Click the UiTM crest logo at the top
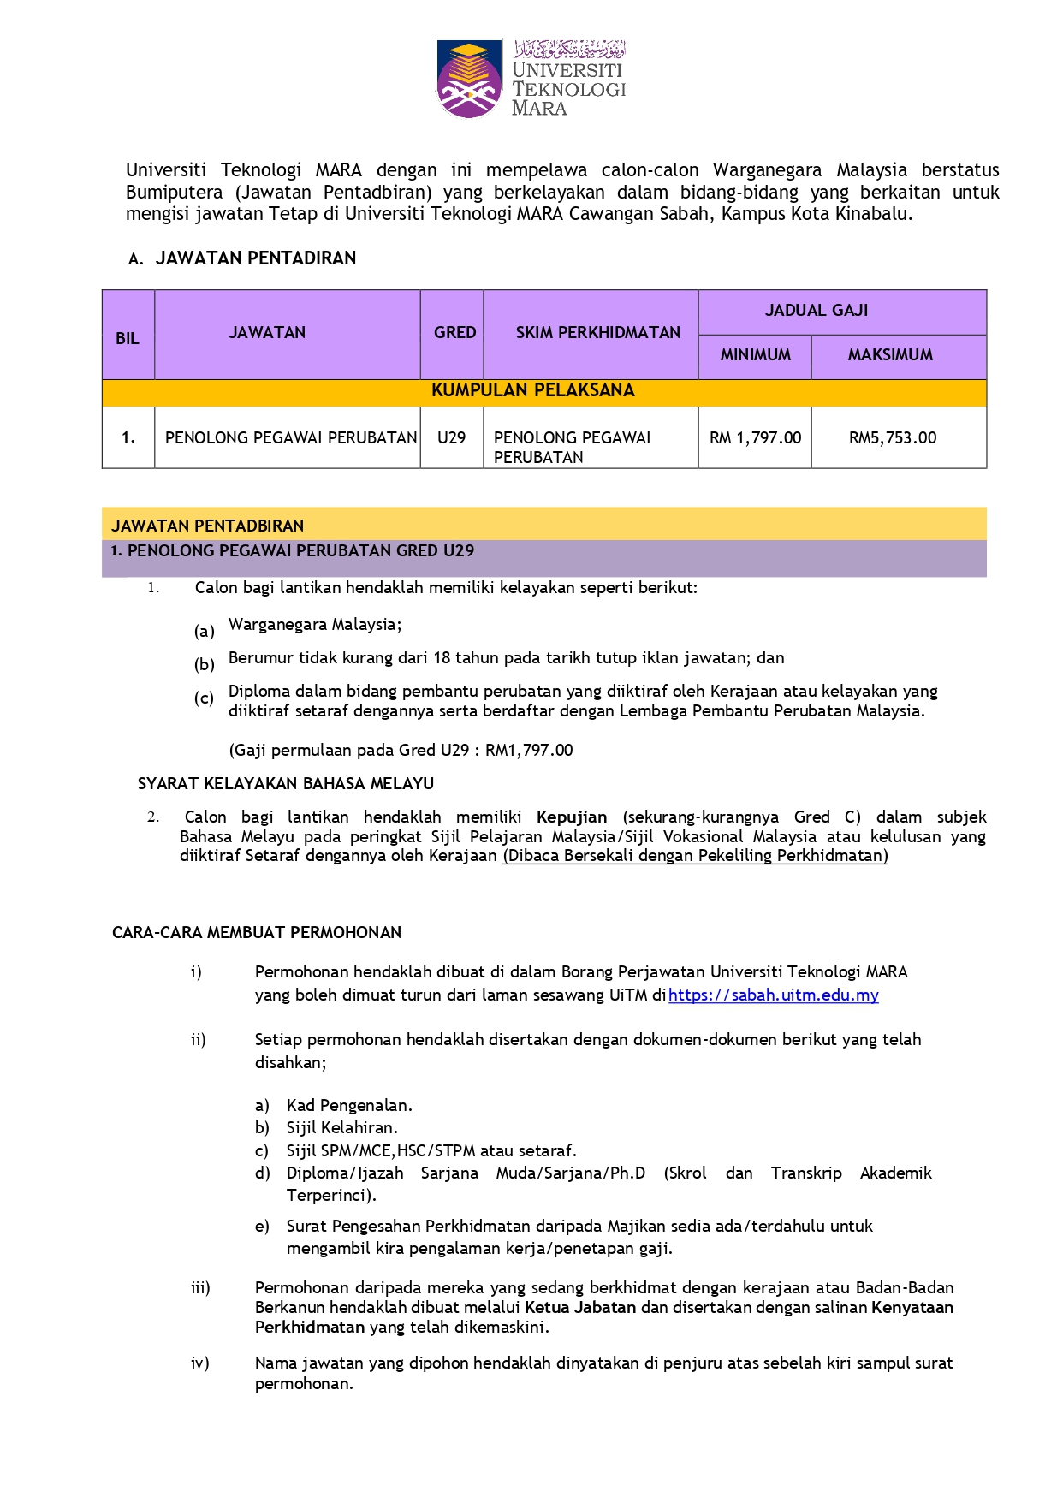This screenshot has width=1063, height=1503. (x=468, y=79)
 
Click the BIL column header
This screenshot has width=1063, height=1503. (x=128, y=338)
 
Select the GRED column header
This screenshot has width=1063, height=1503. (x=454, y=332)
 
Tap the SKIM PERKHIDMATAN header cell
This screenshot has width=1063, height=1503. (x=597, y=332)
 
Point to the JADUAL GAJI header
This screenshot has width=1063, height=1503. (x=816, y=310)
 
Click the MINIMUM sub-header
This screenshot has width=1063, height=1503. (x=755, y=354)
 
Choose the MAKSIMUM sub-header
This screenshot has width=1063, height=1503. (x=890, y=354)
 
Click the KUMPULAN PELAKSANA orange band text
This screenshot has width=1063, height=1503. (x=532, y=390)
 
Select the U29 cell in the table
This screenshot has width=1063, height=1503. (x=451, y=437)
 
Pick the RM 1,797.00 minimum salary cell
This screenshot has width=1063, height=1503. (x=755, y=437)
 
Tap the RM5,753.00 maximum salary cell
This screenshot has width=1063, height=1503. (x=893, y=437)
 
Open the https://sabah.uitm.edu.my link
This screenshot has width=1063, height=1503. (x=773, y=995)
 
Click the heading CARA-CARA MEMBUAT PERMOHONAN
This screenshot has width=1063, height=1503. (x=257, y=932)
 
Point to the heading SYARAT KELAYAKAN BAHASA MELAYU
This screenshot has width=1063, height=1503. (x=286, y=783)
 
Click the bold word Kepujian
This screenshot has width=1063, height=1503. (x=572, y=817)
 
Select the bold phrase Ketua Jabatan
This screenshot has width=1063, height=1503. (x=580, y=1307)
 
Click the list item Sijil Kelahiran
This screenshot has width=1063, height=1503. (x=342, y=1127)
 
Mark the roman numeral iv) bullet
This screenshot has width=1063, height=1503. (x=200, y=1363)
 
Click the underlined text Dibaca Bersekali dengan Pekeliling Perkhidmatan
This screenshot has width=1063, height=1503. (x=695, y=855)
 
